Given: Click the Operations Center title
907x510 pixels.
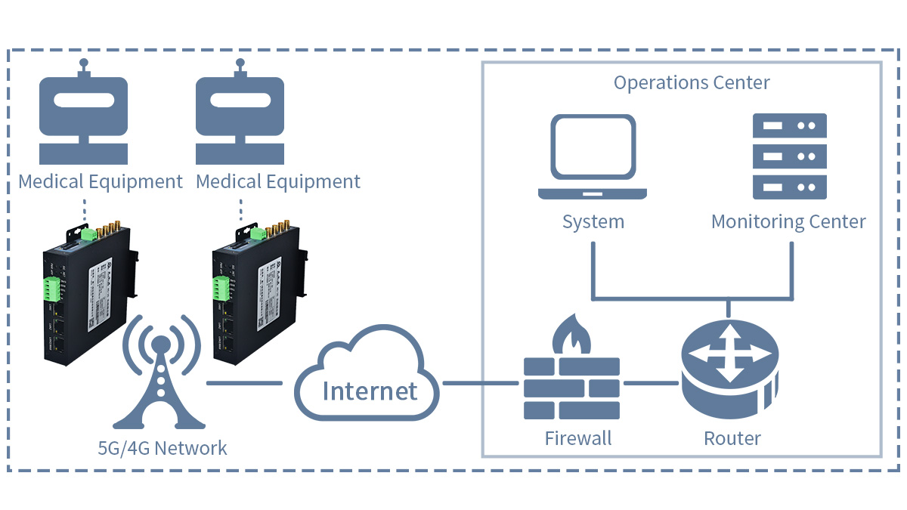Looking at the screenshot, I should coord(691,82).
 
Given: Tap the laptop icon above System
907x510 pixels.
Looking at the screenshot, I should coord(593,157).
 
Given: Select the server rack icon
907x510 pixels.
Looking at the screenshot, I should coord(789,156).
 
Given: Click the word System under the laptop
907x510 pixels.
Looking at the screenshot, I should coord(593,222).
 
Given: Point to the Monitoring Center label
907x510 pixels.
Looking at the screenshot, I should coord(788,222).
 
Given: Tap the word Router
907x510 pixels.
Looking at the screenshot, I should coord(732,438).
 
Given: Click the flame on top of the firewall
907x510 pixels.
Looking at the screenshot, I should coord(571,337).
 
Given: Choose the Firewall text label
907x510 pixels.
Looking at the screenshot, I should coord(578,438).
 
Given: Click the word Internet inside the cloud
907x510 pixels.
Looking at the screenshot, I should coord(370,391).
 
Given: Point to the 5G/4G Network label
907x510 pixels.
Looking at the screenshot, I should coord(163,448).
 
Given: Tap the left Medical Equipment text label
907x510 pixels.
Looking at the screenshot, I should coord(101,182).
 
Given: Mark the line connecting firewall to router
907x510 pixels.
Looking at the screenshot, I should coord(650,383).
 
